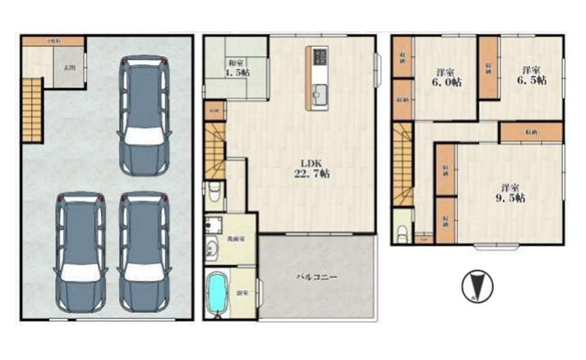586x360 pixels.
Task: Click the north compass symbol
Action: (x=477, y=286)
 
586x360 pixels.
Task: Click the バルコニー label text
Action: (x=318, y=278)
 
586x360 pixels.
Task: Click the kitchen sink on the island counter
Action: (x=317, y=94)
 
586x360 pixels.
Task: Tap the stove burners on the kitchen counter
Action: (x=318, y=57)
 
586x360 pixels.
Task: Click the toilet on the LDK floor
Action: (x=214, y=193)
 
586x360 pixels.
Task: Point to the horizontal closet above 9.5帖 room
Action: (x=531, y=131)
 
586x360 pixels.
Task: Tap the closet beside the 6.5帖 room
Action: (x=489, y=67)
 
